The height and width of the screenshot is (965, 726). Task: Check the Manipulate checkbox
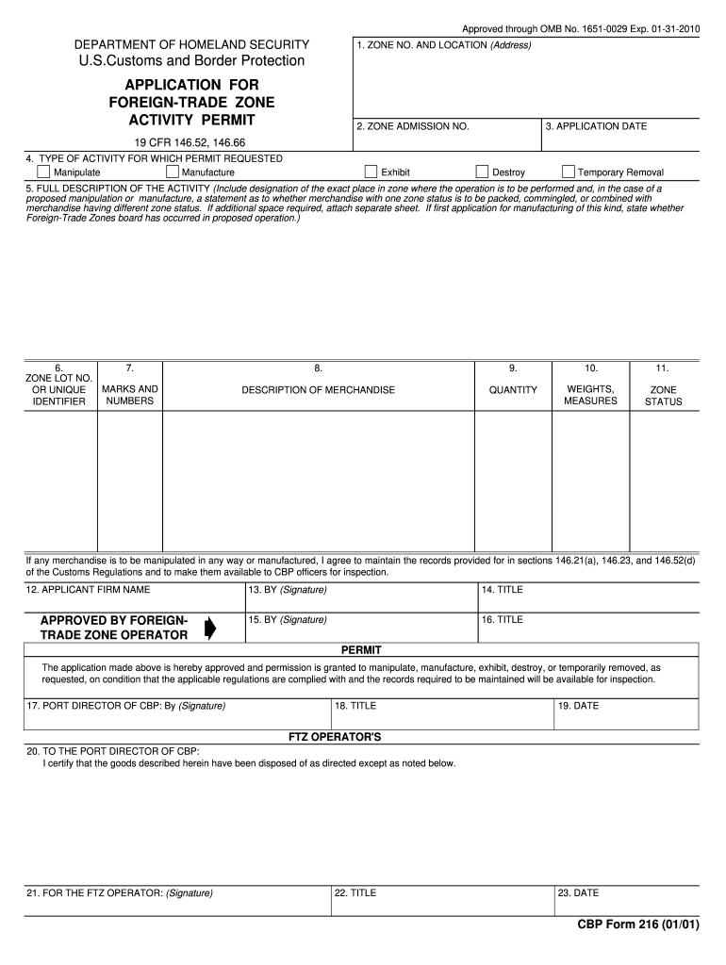(x=43, y=172)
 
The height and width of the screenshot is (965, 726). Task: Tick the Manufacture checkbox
(x=173, y=172)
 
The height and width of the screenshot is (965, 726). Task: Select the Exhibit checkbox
(x=371, y=172)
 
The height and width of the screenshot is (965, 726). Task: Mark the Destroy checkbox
(x=483, y=172)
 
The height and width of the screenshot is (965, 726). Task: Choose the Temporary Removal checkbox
(x=569, y=172)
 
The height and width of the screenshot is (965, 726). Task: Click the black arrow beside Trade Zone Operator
(x=209, y=629)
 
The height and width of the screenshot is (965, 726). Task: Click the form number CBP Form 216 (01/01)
(x=638, y=924)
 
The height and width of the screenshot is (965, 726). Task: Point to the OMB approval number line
(x=581, y=29)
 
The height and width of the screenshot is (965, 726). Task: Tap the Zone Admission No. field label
(x=412, y=126)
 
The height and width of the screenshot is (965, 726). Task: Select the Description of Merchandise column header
(x=318, y=390)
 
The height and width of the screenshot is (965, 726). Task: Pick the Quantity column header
(x=512, y=390)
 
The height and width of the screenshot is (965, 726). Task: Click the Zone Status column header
(x=663, y=396)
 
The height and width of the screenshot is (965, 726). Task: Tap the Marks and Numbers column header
(x=130, y=396)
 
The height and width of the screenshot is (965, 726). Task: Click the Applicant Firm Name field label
(x=88, y=590)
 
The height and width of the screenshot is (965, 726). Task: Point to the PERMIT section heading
(x=360, y=650)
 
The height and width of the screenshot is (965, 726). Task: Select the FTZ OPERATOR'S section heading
(x=334, y=736)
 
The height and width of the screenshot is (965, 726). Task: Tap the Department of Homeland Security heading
(x=191, y=44)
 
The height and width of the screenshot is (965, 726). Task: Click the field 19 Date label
(x=578, y=705)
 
